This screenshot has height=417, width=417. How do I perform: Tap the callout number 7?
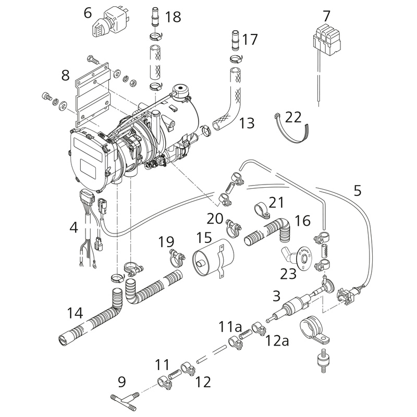point(326,16)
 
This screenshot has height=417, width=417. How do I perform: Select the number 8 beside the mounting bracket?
point(65,76)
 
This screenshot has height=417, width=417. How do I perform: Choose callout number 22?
point(293,117)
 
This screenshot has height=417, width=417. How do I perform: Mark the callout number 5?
point(357,191)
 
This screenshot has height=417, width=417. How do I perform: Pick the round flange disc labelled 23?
point(303,259)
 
